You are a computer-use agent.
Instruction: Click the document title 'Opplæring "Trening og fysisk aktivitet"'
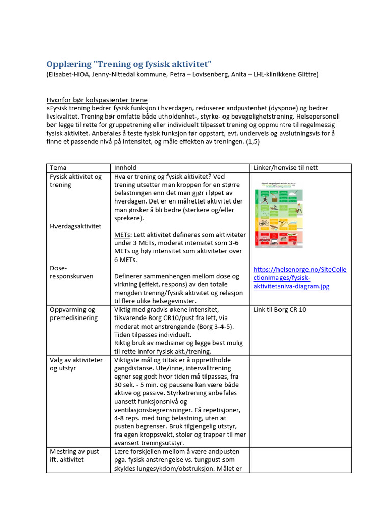coord(128,64)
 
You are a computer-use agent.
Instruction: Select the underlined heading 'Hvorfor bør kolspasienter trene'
coord(97,100)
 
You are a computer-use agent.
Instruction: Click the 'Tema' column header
coord(58,168)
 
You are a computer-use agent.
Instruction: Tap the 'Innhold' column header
coord(125,168)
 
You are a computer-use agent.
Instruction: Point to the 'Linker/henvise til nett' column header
coord(286,168)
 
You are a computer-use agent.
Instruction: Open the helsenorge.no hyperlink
coord(299,278)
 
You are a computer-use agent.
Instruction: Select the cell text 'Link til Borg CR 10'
coord(280,309)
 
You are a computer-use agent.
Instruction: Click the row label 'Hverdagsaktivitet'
coord(75,226)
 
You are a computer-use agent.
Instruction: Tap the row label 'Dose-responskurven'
coord(71,272)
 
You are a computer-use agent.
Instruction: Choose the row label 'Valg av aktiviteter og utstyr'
coord(76,364)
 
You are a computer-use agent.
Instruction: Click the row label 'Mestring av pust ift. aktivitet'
coord(74,455)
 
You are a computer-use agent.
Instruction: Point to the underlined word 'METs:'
coord(123,235)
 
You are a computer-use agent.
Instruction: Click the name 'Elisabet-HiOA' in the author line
coord(71,75)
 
